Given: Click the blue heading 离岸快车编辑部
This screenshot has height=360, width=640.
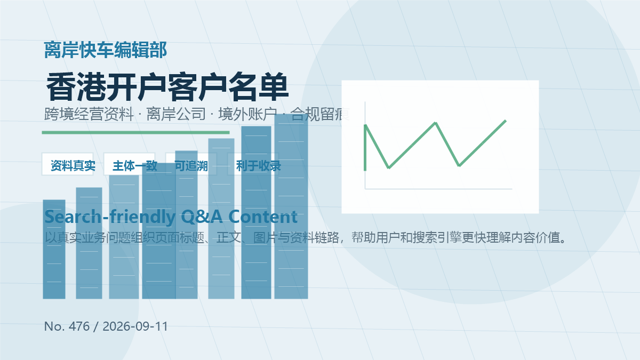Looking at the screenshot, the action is (106, 50).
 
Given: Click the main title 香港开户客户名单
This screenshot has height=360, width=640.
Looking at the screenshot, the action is (167, 87).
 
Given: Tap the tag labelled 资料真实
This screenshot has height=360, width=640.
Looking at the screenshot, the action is (67, 164).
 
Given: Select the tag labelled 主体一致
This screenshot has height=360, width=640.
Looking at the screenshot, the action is (129, 164).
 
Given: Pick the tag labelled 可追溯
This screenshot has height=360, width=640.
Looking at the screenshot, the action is (191, 164).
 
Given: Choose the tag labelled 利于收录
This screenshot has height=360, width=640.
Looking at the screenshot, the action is (253, 164).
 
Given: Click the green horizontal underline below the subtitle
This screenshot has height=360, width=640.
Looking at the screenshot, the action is (135, 133).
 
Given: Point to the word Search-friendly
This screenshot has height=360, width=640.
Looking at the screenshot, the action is (110, 217).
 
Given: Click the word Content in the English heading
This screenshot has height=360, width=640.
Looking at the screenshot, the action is (263, 217).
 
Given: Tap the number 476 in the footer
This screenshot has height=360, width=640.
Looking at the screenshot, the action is (79, 326).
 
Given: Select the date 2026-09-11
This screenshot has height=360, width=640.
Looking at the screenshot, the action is (135, 326).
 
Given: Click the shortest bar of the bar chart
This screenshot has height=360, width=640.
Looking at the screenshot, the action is (54, 249).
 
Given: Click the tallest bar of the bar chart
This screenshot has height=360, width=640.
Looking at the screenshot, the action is (291, 206).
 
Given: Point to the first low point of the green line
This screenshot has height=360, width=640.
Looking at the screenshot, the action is (389, 167).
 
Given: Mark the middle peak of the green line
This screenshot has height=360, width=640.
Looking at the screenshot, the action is (435, 123).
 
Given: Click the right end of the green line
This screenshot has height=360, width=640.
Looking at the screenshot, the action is (506, 121).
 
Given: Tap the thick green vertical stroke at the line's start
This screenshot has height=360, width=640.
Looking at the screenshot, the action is (365, 148).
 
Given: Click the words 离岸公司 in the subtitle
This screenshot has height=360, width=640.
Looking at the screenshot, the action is (176, 114).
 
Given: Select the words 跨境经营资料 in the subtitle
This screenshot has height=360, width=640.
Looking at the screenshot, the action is (89, 114).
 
